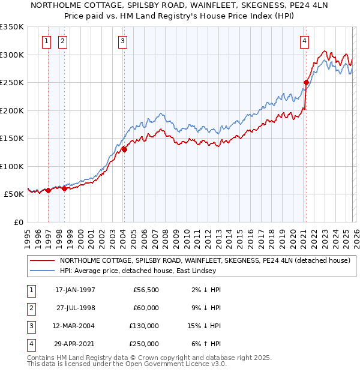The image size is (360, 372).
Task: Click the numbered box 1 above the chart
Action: point(47,41)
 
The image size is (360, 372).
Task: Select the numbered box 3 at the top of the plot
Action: point(122,41)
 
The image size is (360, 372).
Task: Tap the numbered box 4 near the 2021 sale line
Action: point(305,41)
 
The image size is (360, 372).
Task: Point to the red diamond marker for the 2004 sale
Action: point(124,149)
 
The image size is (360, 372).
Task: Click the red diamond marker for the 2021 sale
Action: point(306,82)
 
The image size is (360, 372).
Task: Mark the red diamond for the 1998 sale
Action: point(64,188)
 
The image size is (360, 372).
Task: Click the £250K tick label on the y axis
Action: point(11,82)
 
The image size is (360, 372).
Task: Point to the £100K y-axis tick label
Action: point(11,166)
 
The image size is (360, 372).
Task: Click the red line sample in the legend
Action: point(43,260)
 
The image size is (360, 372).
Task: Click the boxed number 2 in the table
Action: point(30,308)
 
